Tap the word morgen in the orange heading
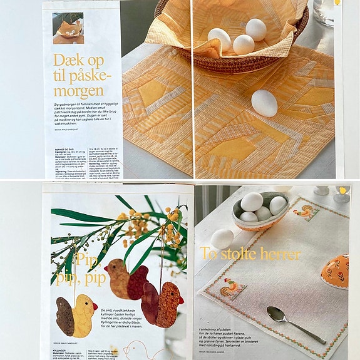point(79,91)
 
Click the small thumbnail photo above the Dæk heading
point(68,28)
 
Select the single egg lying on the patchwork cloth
point(264,102)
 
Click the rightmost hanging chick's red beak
point(182,299)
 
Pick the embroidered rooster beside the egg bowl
point(307,212)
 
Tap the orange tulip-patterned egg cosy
point(336,270)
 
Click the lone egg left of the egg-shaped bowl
point(222,239)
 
